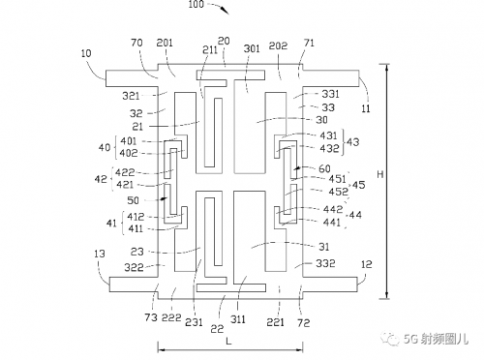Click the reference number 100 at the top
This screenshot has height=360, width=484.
click(197, 4)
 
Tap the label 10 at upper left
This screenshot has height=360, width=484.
click(86, 53)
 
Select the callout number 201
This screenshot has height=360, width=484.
click(165, 43)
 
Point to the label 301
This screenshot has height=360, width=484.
click(252, 48)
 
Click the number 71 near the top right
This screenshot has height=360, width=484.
click(309, 43)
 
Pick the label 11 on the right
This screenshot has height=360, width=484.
click(366, 108)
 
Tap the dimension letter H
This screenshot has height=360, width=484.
click(380, 174)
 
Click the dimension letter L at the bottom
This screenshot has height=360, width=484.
click(228, 342)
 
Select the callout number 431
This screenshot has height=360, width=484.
click(328, 135)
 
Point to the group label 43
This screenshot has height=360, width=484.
click(352, 142)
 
